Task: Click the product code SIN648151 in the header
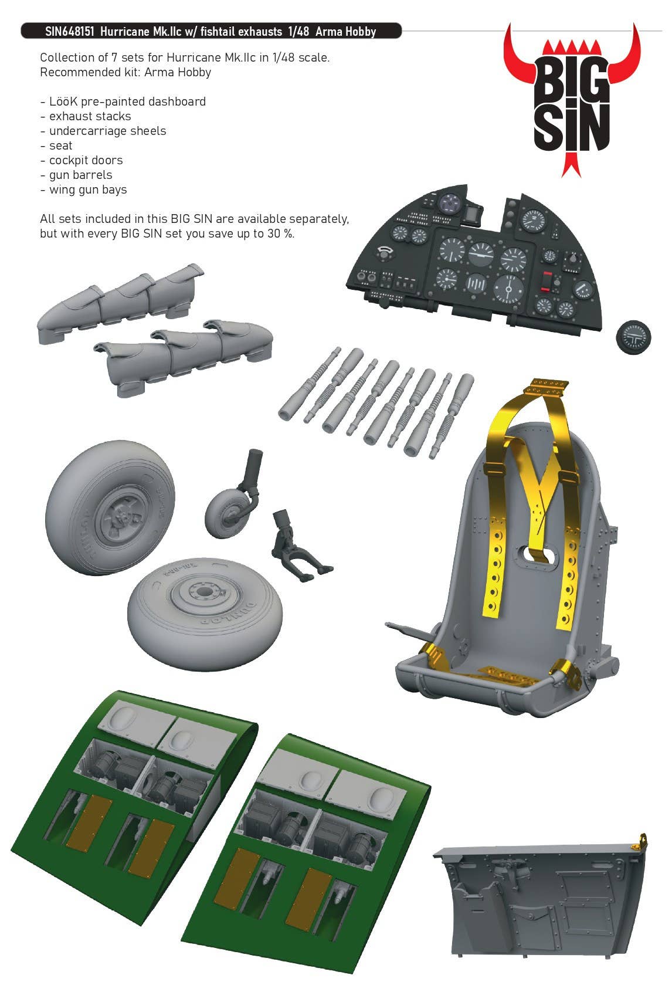69,32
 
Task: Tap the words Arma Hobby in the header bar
345,32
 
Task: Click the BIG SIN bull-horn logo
572,100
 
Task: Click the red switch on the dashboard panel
547,282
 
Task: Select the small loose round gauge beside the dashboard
633,337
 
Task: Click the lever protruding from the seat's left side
409,632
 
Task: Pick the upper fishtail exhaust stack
120,303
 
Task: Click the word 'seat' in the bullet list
60,145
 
